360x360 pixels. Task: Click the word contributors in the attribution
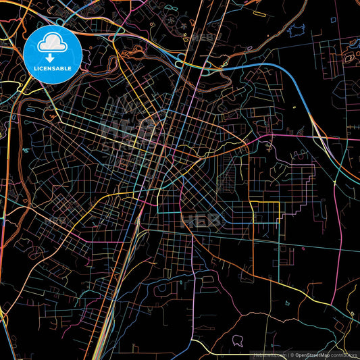click(x=344, y=355)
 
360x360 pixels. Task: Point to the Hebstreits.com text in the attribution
click(x=269, y=355)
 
